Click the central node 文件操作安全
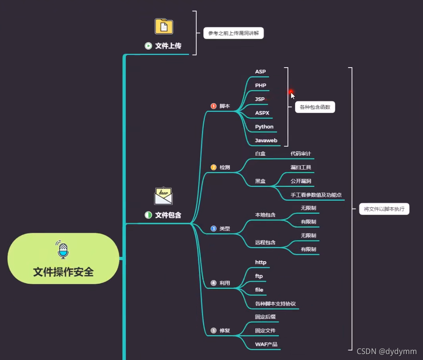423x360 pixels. coord(63,271)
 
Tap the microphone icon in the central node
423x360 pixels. coord(63,250)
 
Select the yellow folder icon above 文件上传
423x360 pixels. coord(164,26)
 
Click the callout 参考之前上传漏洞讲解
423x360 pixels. coord(233,33)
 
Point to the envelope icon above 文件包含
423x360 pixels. coord(164,196)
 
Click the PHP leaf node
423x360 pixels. coord(261,85)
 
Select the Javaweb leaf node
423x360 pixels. coord(266,140)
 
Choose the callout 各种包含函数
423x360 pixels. coord(315,107)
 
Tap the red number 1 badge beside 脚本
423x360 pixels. coord(214,106)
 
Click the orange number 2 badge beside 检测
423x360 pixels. coord(214,167)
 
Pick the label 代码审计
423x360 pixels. coord(301,153)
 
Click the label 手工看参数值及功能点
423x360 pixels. coord(316,195)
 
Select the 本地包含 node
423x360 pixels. coord(265,215)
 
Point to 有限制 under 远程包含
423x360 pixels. coord(308,249)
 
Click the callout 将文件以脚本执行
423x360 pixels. coord(384,209)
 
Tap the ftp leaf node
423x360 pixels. coord(259,276)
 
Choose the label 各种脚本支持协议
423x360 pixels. coord(275,304)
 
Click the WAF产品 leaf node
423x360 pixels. coord(266,344)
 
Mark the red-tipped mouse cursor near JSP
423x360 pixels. coord(292,95)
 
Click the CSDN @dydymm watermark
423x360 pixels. coord(386,351)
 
